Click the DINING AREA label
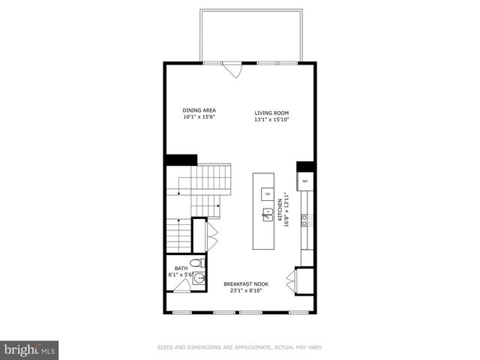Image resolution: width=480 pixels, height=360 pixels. tap(199, 110)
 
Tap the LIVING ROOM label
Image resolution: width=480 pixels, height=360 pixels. tap(271, 112)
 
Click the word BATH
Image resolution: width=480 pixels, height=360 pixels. tap(181, 268)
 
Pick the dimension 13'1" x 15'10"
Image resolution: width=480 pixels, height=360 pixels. tap(271, 119)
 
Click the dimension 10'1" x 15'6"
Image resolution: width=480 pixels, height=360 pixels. tap(199, 117)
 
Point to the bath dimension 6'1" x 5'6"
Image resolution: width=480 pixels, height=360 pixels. tap(181, 275)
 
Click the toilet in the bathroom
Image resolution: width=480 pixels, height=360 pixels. tap(194, 263)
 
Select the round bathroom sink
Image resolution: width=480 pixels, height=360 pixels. tap(199, 277)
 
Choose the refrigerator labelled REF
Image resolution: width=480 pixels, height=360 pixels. tap(305, 181)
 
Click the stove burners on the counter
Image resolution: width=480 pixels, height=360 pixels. tap(305, 220)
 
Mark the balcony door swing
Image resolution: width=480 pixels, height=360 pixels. tap(233, 70)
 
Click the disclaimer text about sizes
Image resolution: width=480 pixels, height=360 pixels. tap(239, 347)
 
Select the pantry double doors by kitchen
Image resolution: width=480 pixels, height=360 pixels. tap(292, 281)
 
